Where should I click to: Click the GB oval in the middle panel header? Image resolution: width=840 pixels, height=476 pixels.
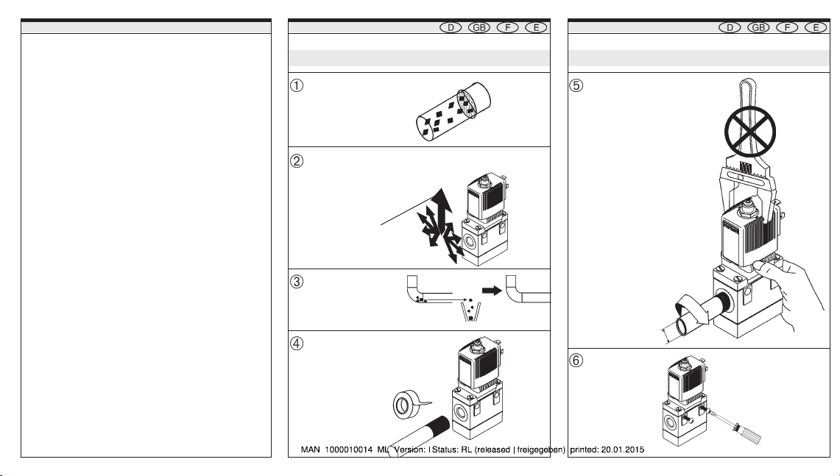pos(480,28)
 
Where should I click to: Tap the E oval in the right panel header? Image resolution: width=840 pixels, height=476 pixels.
pos(813,28)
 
